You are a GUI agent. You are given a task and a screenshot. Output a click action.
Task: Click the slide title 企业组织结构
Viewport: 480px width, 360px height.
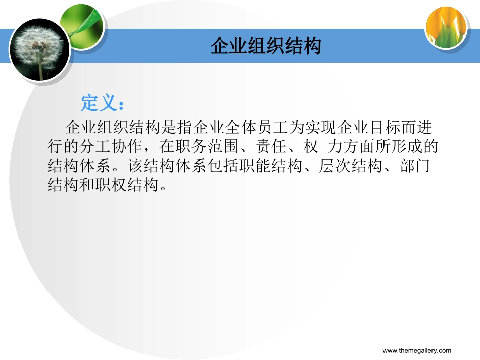pos(266,46)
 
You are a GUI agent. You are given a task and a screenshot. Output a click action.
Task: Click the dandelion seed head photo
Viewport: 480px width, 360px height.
pos(39,49)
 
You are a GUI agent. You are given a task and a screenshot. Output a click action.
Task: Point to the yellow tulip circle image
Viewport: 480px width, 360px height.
pos(446,28)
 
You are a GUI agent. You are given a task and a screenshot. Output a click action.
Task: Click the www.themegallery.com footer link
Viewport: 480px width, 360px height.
pos(417,351)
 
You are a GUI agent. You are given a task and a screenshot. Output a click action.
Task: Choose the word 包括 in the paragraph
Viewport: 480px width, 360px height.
pos(222,167)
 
